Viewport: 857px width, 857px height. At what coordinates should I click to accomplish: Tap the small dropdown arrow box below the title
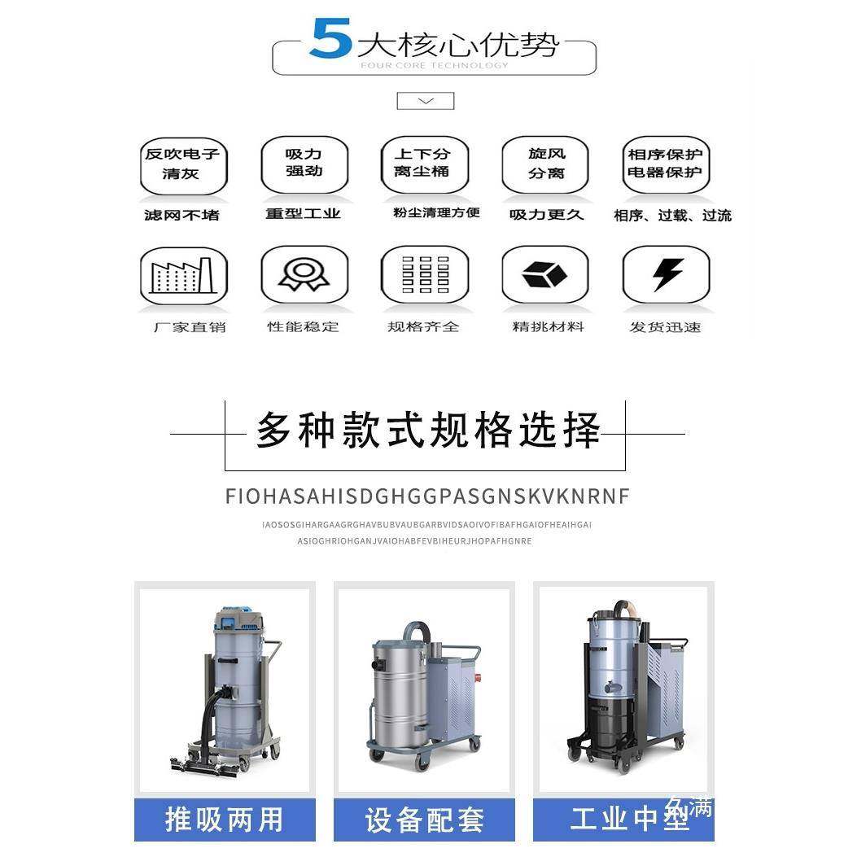tap(425, 101)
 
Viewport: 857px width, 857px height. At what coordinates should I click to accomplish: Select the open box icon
tap(544, 275)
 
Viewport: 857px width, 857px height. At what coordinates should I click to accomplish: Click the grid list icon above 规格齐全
tap(425, 275)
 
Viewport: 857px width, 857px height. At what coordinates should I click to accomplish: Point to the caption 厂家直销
tap(190, 327)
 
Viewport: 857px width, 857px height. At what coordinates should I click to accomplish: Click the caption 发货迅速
tap(665, 327)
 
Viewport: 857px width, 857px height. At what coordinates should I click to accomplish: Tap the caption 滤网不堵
tap(181, 215)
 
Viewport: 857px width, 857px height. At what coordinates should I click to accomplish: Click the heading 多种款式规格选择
tap(428, 431)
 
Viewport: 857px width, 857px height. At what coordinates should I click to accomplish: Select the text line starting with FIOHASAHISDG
tap(427, 496)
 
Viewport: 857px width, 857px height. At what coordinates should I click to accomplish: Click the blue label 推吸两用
tap(225, 820)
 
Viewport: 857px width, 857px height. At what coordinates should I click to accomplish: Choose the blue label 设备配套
tap(424, 820)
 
